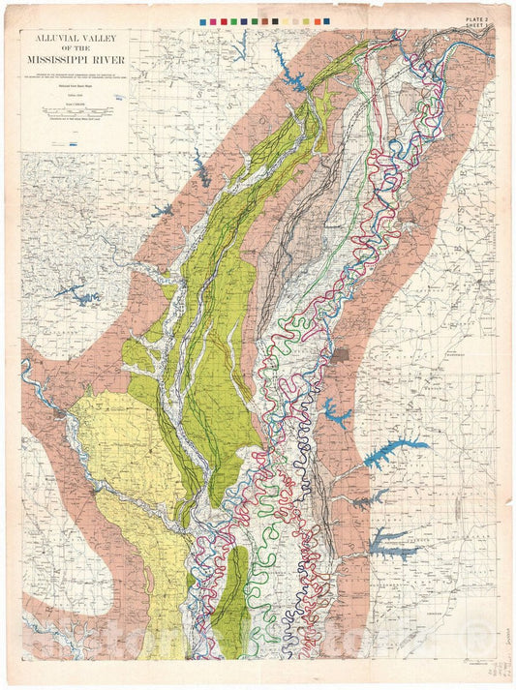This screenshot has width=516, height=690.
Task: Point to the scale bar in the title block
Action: [78, 112]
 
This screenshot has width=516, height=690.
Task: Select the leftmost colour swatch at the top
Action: [202, 20]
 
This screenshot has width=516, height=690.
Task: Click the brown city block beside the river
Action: [341, 355]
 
